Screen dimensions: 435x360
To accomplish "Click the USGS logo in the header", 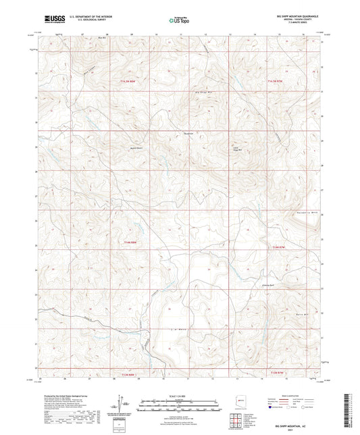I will point(53,19).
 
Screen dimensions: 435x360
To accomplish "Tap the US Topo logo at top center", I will point(179,20).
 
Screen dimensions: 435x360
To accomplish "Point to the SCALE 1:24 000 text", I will point(179,395).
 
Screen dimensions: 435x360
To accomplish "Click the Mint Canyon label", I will point(86,70).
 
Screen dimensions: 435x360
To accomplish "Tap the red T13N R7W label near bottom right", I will point(278,372).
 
